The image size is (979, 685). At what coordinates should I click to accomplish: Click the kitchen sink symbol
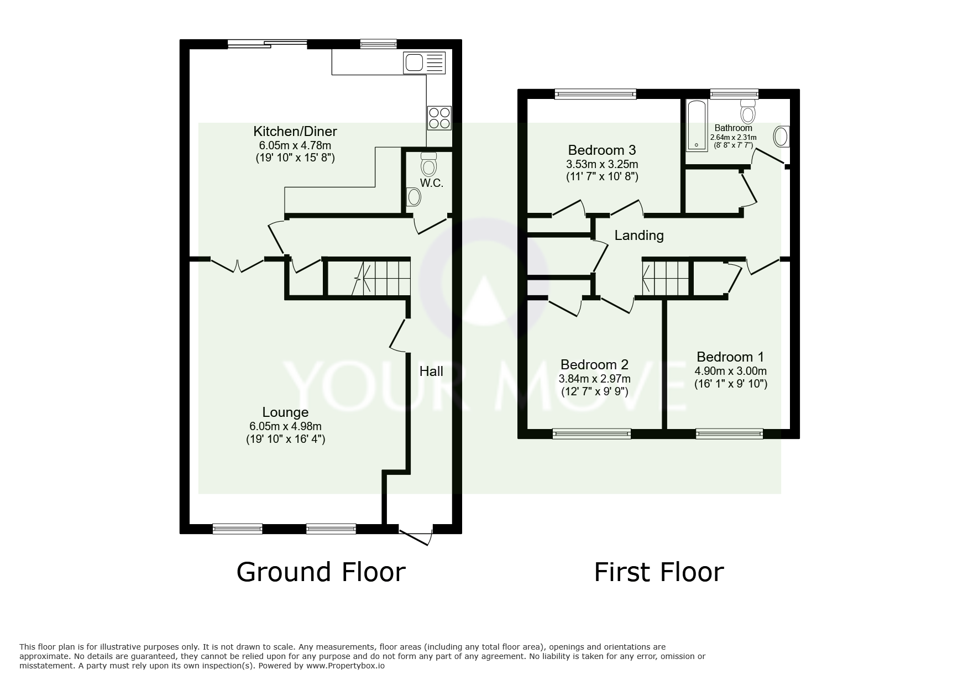425,62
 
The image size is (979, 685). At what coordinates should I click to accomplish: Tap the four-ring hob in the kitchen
439,118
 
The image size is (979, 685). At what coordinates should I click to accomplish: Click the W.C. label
432,183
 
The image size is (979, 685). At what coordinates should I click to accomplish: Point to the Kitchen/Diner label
295,132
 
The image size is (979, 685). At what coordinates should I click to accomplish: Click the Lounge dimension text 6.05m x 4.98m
285,426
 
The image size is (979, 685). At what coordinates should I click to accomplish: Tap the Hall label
431,371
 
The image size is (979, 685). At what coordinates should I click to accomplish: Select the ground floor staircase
381,278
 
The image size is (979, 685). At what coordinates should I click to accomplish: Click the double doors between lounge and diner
237,264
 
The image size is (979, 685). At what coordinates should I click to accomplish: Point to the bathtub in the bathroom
695,126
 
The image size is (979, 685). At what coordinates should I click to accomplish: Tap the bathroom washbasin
781,136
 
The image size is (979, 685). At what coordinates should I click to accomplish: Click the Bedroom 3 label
602,150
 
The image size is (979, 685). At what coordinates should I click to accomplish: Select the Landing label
639,236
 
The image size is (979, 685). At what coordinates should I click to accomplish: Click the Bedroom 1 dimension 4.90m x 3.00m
730,372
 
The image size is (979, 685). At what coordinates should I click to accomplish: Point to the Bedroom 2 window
591,434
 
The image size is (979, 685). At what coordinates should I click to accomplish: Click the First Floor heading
658,572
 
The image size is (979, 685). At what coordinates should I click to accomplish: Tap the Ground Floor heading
321,572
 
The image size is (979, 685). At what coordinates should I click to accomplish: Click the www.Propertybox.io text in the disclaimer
345,666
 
